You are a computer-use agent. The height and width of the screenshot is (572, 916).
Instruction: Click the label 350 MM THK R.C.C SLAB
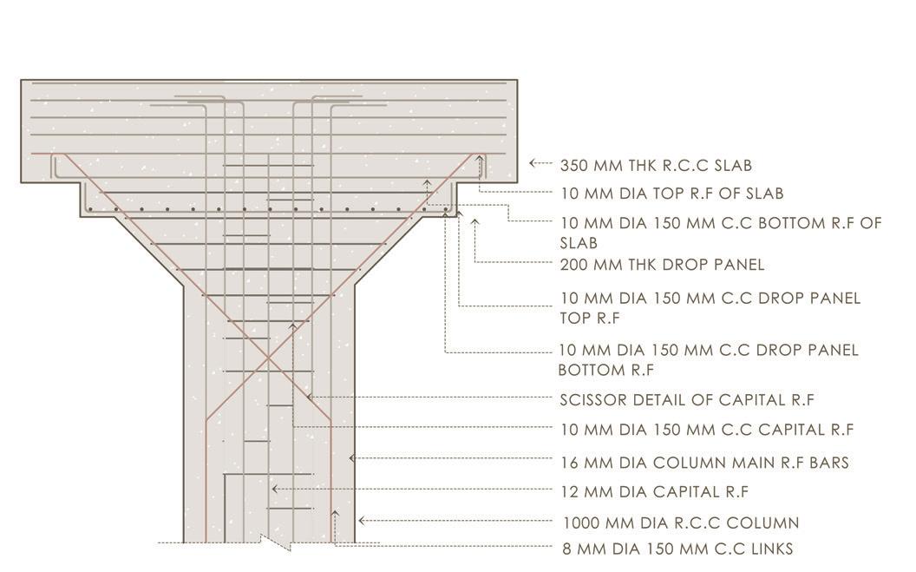tap(656, 165)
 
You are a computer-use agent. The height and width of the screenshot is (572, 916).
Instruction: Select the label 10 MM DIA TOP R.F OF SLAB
tap(671, 194)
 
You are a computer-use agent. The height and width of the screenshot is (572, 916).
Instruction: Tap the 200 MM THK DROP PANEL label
tap(662, 265)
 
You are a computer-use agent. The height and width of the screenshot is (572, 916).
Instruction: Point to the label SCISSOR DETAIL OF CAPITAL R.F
tap(687, 400)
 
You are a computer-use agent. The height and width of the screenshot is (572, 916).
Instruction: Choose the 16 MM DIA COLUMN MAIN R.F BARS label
tap(704, 463)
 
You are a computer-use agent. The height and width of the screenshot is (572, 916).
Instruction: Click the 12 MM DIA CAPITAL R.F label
tap(654, 492)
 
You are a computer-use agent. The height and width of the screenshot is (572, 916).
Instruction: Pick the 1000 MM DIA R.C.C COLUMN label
tap(681, 523)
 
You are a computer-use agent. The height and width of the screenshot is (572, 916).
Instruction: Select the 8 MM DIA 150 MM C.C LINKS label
tap(677, 549)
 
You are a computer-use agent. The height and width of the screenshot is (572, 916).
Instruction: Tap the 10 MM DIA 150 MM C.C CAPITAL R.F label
tap(707, 430)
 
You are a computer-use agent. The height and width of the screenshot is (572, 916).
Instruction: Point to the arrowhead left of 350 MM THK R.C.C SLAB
tap(532, 162)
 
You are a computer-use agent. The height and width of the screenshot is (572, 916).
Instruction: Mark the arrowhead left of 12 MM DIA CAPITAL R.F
tap(274, 490)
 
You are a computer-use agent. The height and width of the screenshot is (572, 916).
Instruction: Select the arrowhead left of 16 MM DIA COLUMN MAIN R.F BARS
tap(351, 457)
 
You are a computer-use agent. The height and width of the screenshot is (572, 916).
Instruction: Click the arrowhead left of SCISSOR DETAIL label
tap(310, 397)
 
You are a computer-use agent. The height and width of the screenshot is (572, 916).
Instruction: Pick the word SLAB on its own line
tap(579, 243)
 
